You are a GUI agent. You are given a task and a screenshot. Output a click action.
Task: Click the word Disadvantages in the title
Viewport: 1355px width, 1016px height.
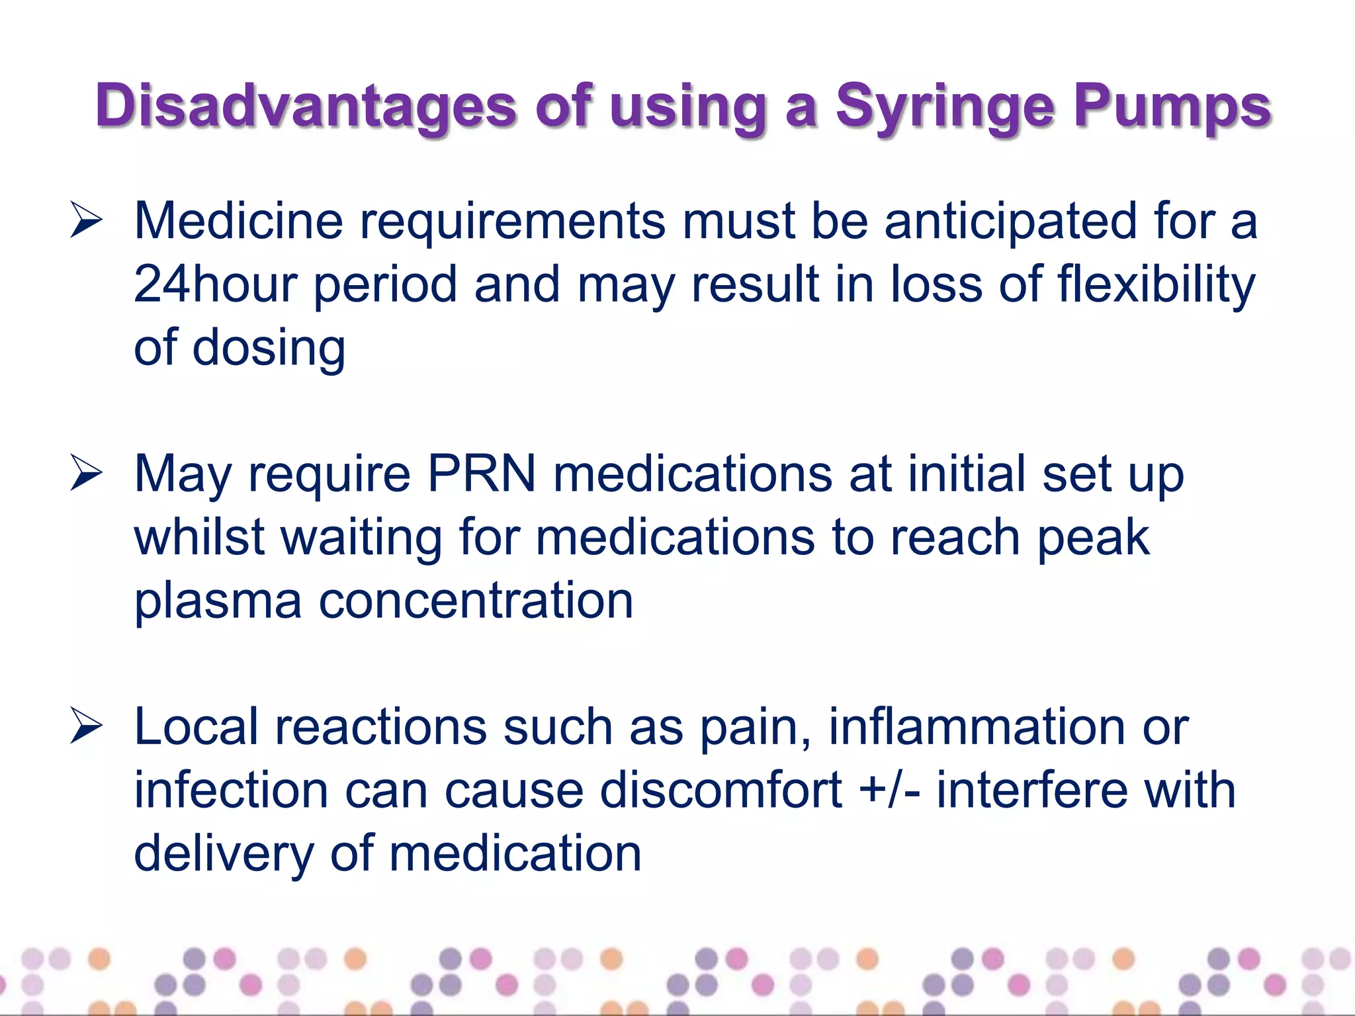click(305, 106)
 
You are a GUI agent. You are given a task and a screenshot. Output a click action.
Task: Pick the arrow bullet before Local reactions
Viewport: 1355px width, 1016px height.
click(87, 727)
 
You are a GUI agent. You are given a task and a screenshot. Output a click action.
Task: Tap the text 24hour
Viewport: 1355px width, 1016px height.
click(215, 284)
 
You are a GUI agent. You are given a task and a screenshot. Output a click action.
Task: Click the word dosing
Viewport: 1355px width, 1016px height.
click(269, 348)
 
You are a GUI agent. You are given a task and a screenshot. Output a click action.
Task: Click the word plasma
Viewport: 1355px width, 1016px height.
click(218, 601)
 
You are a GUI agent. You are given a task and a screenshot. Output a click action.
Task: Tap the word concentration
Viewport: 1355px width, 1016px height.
click(476, 601)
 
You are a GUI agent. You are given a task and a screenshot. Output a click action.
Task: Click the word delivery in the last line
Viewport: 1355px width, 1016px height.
click(224, 854)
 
